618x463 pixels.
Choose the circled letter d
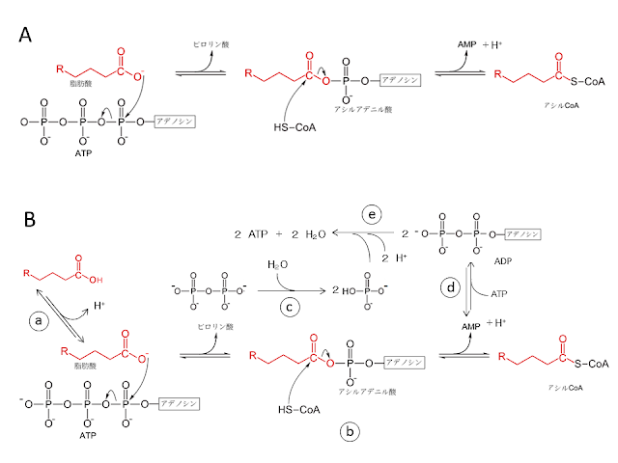click(450, 286)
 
